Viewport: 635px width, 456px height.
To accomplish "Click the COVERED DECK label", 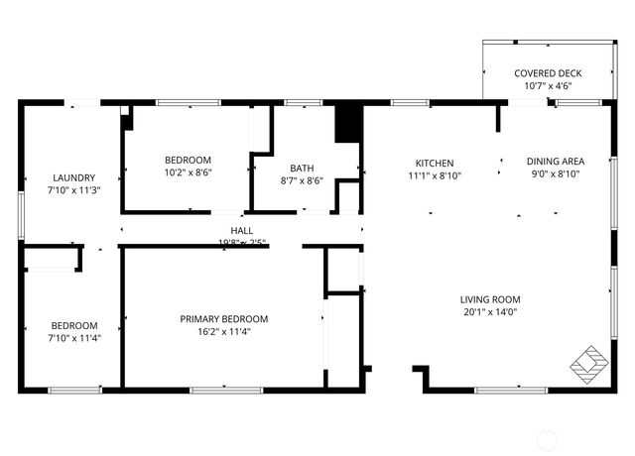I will click(548, 73).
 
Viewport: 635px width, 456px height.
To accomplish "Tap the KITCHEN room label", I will click(435, 163).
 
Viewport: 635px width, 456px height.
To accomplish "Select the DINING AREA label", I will click(555, 162).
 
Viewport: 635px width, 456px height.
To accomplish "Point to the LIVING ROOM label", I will click(490, 299).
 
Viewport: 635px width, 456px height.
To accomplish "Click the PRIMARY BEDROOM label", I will click(223, 318).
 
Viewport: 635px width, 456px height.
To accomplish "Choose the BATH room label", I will click(302, 168).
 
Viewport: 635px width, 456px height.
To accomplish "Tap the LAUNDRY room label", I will click(74, 177).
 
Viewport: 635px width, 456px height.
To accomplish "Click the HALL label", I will click(242, 230).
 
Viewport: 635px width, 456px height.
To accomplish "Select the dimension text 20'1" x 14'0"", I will click(490, 312).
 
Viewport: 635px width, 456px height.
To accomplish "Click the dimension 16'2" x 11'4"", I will click(223, 331).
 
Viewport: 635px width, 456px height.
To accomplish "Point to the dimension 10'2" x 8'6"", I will click(188, 171).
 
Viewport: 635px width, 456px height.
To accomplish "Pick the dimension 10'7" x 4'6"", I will click(548, 86).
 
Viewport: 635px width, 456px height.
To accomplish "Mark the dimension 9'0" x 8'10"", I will click(555, 174).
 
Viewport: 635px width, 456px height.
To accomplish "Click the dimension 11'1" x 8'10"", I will click(435, 175).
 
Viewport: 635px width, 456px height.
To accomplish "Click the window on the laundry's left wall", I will click(21, 214).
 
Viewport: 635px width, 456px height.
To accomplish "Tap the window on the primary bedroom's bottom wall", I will click(219, 390).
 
